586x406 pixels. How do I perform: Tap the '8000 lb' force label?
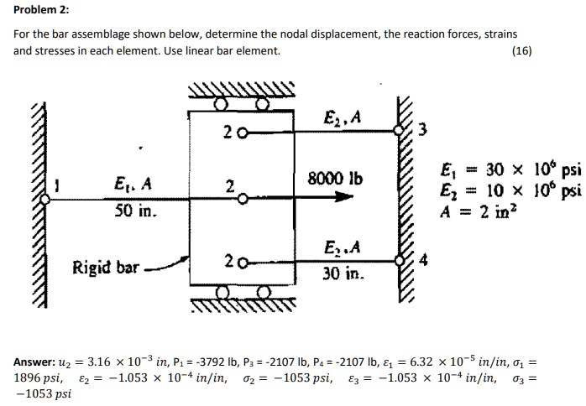tap(336, 179)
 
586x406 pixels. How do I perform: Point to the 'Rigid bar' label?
tap(106, 268)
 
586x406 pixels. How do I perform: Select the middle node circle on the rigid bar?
tap(243, 200)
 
